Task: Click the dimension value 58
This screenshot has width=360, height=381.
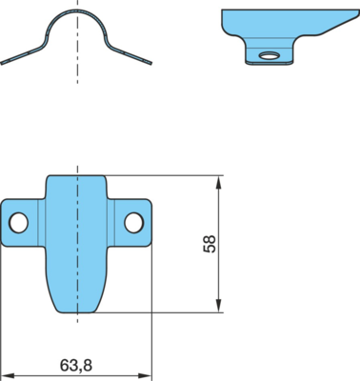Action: (210, 244)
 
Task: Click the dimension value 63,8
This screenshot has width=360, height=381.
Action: (76, 366)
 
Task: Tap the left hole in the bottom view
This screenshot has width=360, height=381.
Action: (18, 223)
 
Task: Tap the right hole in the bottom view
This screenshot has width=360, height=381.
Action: (134, 223)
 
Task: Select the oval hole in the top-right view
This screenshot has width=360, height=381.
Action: (269, 56)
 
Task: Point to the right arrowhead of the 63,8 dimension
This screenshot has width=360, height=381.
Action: (144, 375)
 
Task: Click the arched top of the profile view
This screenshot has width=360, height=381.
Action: (77, 10)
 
